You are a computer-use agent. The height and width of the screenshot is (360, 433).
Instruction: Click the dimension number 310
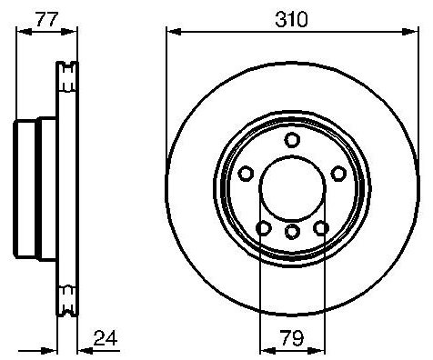pos(291,19)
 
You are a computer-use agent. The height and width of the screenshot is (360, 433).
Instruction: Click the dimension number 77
pos(46,19)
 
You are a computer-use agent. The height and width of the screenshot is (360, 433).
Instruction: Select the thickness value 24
pos(106,338)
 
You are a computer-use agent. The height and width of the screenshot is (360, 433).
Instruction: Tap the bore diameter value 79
pos(292,338)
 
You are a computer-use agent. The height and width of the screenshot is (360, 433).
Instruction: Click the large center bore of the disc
pos(292,188)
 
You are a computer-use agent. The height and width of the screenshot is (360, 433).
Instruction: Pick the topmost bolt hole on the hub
pos(292,140)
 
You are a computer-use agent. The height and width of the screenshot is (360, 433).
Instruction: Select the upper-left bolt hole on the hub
pos(246,174)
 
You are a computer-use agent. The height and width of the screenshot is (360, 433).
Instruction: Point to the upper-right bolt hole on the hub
pos(338,174)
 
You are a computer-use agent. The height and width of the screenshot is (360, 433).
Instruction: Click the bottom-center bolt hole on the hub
pos(292,232)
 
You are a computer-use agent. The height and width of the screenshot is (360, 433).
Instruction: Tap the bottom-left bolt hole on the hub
pos(264,228)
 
